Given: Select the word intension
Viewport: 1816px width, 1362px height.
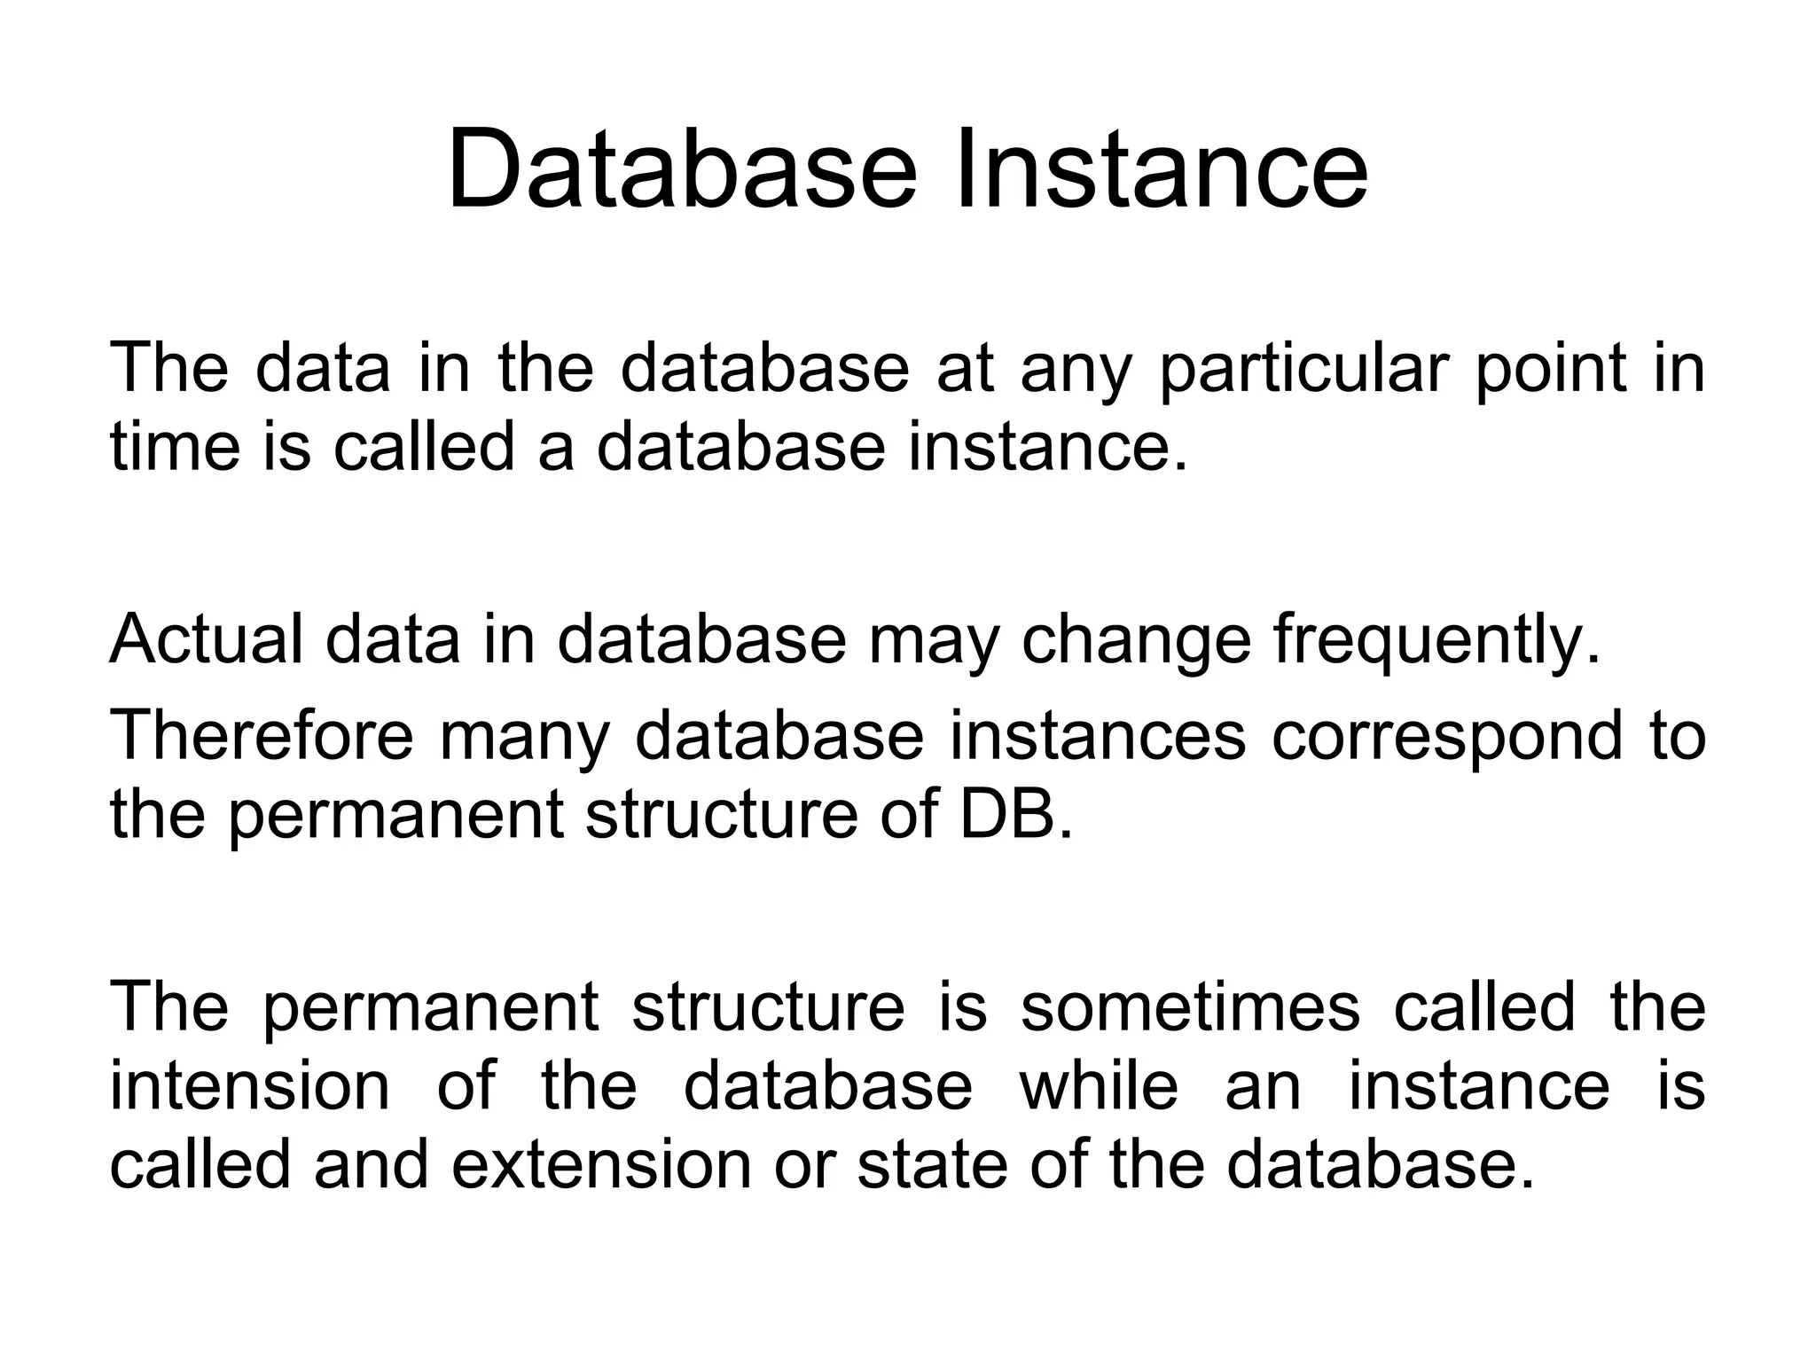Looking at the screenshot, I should pyautogui.click(x=249, y=1086).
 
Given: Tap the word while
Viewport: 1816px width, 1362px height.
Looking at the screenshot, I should pyautogui.click(x=1100, y=1086).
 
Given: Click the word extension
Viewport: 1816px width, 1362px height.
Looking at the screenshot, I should pyautogui.click(x=602, y=1164).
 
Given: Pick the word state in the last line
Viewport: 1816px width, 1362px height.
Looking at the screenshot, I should pyautogui.click(x=921, y=1164).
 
